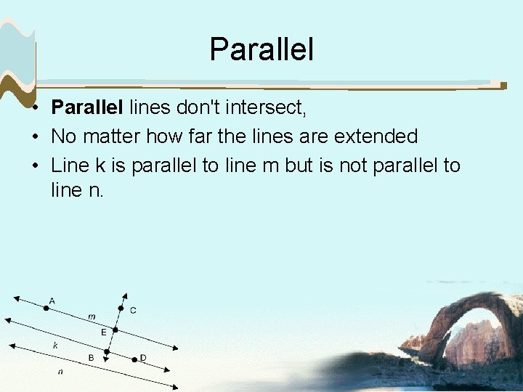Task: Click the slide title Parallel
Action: tap(261, 49)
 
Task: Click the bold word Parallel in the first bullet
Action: tap(87, 108)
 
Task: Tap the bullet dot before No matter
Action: tap(35, 136)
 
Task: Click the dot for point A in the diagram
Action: tap(46, 308)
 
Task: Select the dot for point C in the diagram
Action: tap(121, 308)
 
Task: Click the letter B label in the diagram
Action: tap(91, 358)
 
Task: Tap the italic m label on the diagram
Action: tap(92, 317)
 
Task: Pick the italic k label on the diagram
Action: tap(55, 346)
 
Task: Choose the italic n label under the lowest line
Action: tap(60, 372)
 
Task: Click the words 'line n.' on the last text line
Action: tap(78, 192)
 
